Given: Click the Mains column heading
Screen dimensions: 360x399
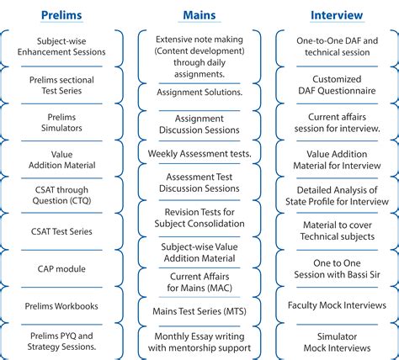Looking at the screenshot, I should click(199, 14).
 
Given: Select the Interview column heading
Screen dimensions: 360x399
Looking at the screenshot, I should click(337, 14).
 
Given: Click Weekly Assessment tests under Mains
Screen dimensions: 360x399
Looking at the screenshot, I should click(199, 154).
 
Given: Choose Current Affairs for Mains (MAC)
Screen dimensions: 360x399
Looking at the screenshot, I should click(199, 282).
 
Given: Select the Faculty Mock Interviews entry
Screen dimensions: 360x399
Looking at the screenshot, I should click(337, 304).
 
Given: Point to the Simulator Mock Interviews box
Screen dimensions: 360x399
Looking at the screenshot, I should click(337, 341).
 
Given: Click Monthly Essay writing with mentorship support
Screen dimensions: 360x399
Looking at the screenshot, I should click(199, 341).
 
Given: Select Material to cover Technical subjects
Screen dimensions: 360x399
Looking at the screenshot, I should click(337, 230).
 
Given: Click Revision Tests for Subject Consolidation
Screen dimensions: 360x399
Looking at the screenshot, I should click(199, 218).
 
